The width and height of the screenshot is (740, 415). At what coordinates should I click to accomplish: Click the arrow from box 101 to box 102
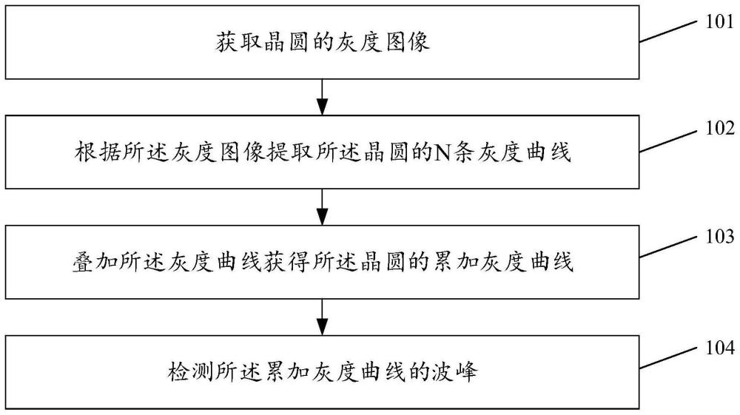click(x=322, y=97)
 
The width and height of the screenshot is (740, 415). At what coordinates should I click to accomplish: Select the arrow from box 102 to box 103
click(x=322, y=207)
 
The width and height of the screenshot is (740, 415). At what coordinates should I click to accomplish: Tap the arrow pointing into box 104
click(x=322, y=317)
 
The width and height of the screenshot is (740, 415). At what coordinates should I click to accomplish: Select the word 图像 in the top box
click(x=406, y=42)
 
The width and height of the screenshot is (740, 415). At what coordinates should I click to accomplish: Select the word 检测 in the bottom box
click(x=191, y=371)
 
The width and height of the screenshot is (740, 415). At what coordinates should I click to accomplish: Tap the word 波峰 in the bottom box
click(x=454, y=371)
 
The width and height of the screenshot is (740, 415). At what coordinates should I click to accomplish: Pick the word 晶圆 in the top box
click(x=287, y=42)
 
